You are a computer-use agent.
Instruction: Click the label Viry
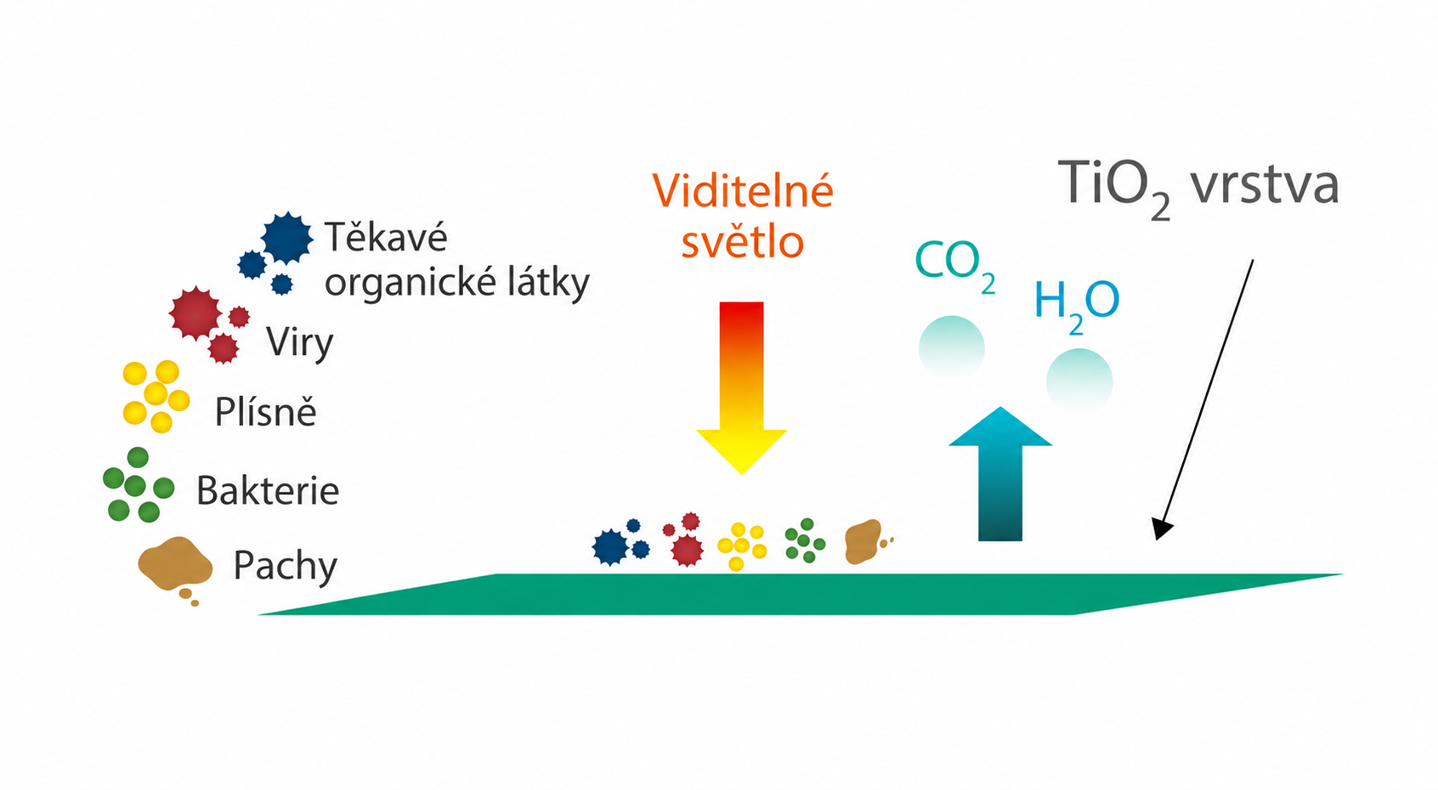[x=300, y=343]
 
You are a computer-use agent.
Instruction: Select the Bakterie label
[x=268, y=491]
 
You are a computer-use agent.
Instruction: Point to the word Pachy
[x=285, y=567]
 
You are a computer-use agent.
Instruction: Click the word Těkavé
[x=386, y=235]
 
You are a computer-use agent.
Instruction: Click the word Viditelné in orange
[x=743, y=190]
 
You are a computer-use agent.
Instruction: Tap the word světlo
[x=743, y=242]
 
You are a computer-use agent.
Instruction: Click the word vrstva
[x=1265, y=185]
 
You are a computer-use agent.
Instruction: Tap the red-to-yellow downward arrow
[x=741, y=387]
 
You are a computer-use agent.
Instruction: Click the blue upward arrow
[x=1000, y=474]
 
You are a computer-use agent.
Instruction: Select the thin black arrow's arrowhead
[x=1161, y=529]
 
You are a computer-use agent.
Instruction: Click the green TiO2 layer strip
[x=800, y=595]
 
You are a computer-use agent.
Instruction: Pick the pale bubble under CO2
[x=951, y=347]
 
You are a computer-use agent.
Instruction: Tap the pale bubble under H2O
[x=1079, y=380]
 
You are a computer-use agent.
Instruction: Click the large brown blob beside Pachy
[x=175, y=564]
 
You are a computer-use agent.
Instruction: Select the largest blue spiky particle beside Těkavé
[x=287, y=238]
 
